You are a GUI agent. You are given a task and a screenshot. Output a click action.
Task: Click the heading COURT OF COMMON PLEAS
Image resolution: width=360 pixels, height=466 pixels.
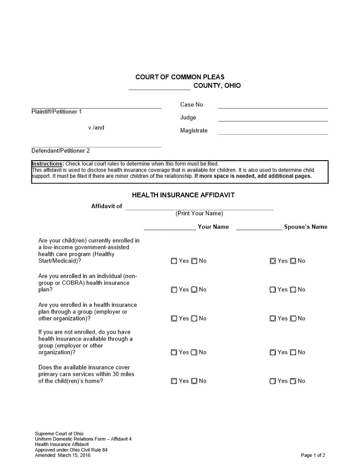pos(180,77)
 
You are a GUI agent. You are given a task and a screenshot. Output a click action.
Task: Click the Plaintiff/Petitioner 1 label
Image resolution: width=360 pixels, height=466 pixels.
pos(56,112)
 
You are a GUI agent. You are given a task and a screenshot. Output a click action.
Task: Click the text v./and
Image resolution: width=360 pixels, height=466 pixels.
pos(96,128)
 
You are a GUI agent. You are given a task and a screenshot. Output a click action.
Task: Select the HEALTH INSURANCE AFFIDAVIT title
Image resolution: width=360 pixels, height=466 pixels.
pos(183,195)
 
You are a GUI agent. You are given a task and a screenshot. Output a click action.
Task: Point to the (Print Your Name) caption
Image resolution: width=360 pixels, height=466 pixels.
pos(199,214)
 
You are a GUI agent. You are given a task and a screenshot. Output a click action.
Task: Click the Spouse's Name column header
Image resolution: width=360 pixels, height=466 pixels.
pos(306,227)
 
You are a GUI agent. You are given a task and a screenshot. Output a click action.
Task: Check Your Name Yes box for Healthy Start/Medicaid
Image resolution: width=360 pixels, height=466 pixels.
pos(174,261)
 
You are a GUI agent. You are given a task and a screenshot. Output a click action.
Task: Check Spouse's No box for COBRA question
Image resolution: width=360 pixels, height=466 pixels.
pos(293,290)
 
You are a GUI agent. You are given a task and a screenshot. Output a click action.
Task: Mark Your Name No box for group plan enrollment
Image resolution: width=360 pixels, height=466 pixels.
pos(194,319)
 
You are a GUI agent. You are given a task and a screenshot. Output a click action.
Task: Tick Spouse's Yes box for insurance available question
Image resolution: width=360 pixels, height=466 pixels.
pos(273,353)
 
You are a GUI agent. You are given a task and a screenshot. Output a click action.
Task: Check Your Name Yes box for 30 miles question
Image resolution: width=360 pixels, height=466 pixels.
pos(174,381)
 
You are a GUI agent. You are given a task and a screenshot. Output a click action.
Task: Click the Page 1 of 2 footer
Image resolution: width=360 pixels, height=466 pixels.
pos(313,455)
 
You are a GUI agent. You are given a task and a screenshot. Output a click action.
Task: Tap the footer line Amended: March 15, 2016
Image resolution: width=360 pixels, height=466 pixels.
pos(63,455)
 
